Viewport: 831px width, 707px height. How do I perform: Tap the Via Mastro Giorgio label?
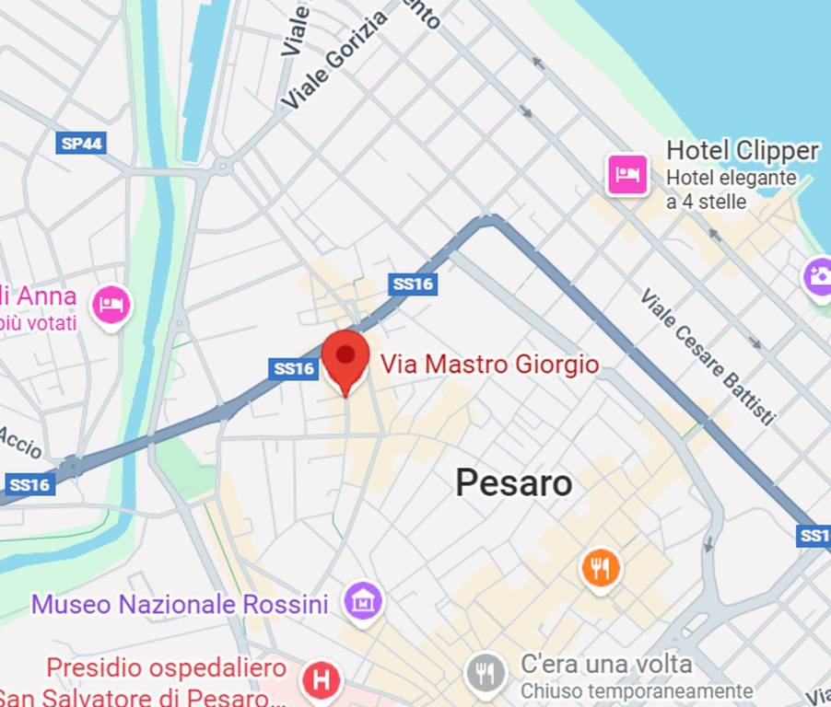click(489, 365)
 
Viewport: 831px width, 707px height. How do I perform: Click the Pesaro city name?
click(513, 482)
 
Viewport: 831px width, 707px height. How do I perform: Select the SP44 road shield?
click(82, 143)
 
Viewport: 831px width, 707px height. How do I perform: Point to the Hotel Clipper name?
click(742, 151)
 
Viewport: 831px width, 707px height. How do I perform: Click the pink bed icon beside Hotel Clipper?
click(628, 173)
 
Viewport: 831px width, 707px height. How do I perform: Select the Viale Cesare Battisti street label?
click(708, 356)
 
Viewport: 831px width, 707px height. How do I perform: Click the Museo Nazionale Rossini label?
click(180, 605)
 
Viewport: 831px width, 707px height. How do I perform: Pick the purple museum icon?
click(363, 602)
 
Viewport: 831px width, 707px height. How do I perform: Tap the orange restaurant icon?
click(601, 568)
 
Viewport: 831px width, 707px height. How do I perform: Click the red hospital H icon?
click(321, 681)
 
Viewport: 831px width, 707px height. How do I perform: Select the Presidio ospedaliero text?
click(167, 666)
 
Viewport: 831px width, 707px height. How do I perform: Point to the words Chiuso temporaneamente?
click(636, 690)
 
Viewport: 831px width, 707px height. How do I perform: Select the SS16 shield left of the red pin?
click(294, 368)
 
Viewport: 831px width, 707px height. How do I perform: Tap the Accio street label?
click(20, 443)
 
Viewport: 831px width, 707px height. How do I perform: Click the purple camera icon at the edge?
click(818, 275)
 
